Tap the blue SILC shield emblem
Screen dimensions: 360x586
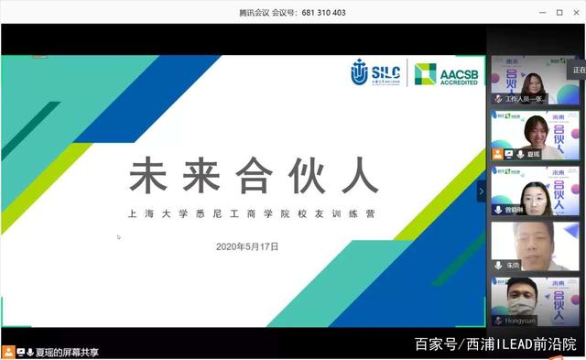[x=361, y=73]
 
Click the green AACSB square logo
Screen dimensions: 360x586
[x=425, y=74]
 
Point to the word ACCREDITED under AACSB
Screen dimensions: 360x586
[x=460, y=82]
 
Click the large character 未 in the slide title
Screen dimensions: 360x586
[x=151, y=175]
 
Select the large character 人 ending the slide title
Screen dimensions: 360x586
[x=362, y=175]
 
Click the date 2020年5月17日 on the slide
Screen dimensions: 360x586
[x=246, y=246]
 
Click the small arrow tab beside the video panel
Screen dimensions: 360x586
[x=481, y=191]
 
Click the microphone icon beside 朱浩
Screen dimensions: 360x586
[x=498, y=265]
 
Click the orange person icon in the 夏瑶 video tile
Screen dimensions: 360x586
[x=498, y=154]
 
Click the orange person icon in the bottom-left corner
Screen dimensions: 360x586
[x=7, y=352]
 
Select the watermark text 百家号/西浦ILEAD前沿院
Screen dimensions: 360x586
[x=495, y=344]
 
